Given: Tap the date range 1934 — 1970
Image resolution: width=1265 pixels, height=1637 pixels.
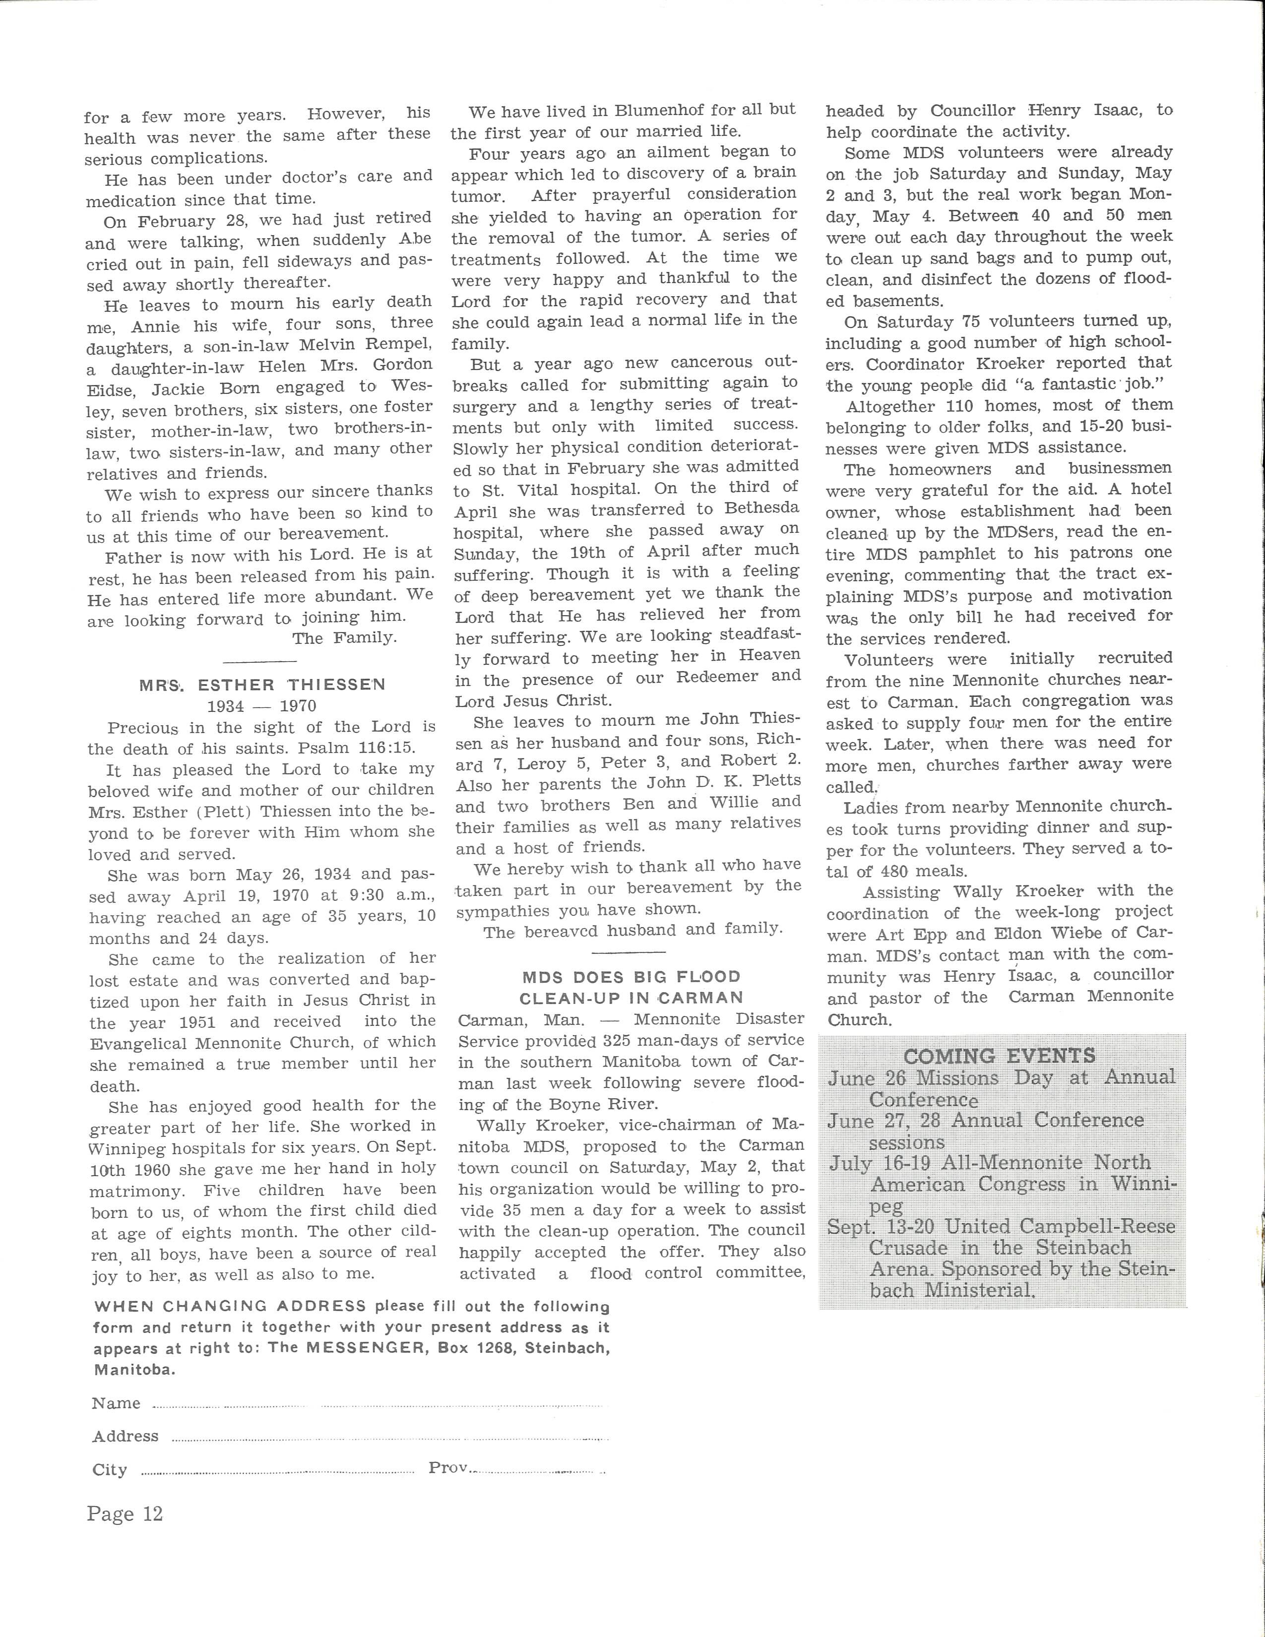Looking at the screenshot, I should click(261, 706).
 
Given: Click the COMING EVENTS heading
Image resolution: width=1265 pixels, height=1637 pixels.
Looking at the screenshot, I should click(999, 1056).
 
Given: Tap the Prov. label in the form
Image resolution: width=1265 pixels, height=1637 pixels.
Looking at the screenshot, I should click(448, 1468).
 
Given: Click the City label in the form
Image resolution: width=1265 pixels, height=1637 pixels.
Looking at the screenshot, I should click(110, 1470).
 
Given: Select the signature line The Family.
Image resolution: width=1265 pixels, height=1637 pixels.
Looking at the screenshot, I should click(344, 638).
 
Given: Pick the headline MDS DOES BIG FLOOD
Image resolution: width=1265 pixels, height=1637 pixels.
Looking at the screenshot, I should click(631, 977).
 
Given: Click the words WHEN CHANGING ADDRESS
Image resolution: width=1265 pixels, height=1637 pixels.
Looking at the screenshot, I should click(230, 1306).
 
